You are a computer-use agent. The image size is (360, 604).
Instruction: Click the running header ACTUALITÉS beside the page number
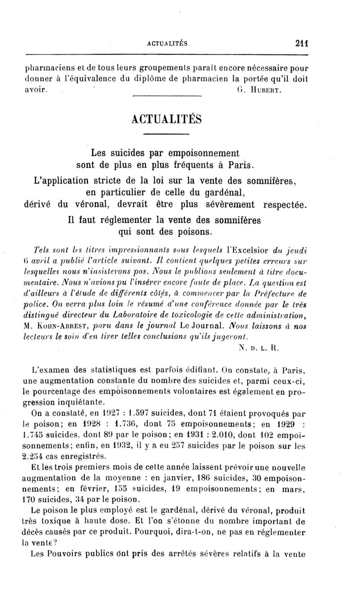click(167, 44)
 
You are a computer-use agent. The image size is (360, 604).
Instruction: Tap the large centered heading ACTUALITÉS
click(167, 121)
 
